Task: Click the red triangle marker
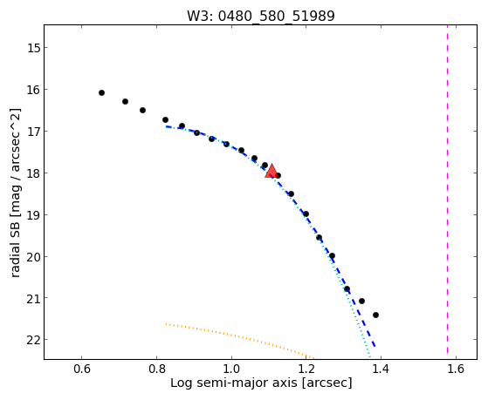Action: click(271, 171)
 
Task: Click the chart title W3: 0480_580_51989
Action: click(261, 16)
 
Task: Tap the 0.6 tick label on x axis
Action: click(81, 369)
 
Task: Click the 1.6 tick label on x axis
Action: click(456, 369)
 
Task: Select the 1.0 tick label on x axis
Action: click(231, 369)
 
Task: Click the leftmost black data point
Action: click(101, 92)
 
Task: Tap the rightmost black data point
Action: click(375, 315)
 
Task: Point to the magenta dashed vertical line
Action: click(447, 189)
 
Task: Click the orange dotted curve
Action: click(240, 338)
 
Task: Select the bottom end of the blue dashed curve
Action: click(375, 347)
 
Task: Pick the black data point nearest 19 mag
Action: click(306, 214)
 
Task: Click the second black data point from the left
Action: click(125, 101)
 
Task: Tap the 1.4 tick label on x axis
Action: click(381, 369)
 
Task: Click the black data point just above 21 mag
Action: click(347, 288)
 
